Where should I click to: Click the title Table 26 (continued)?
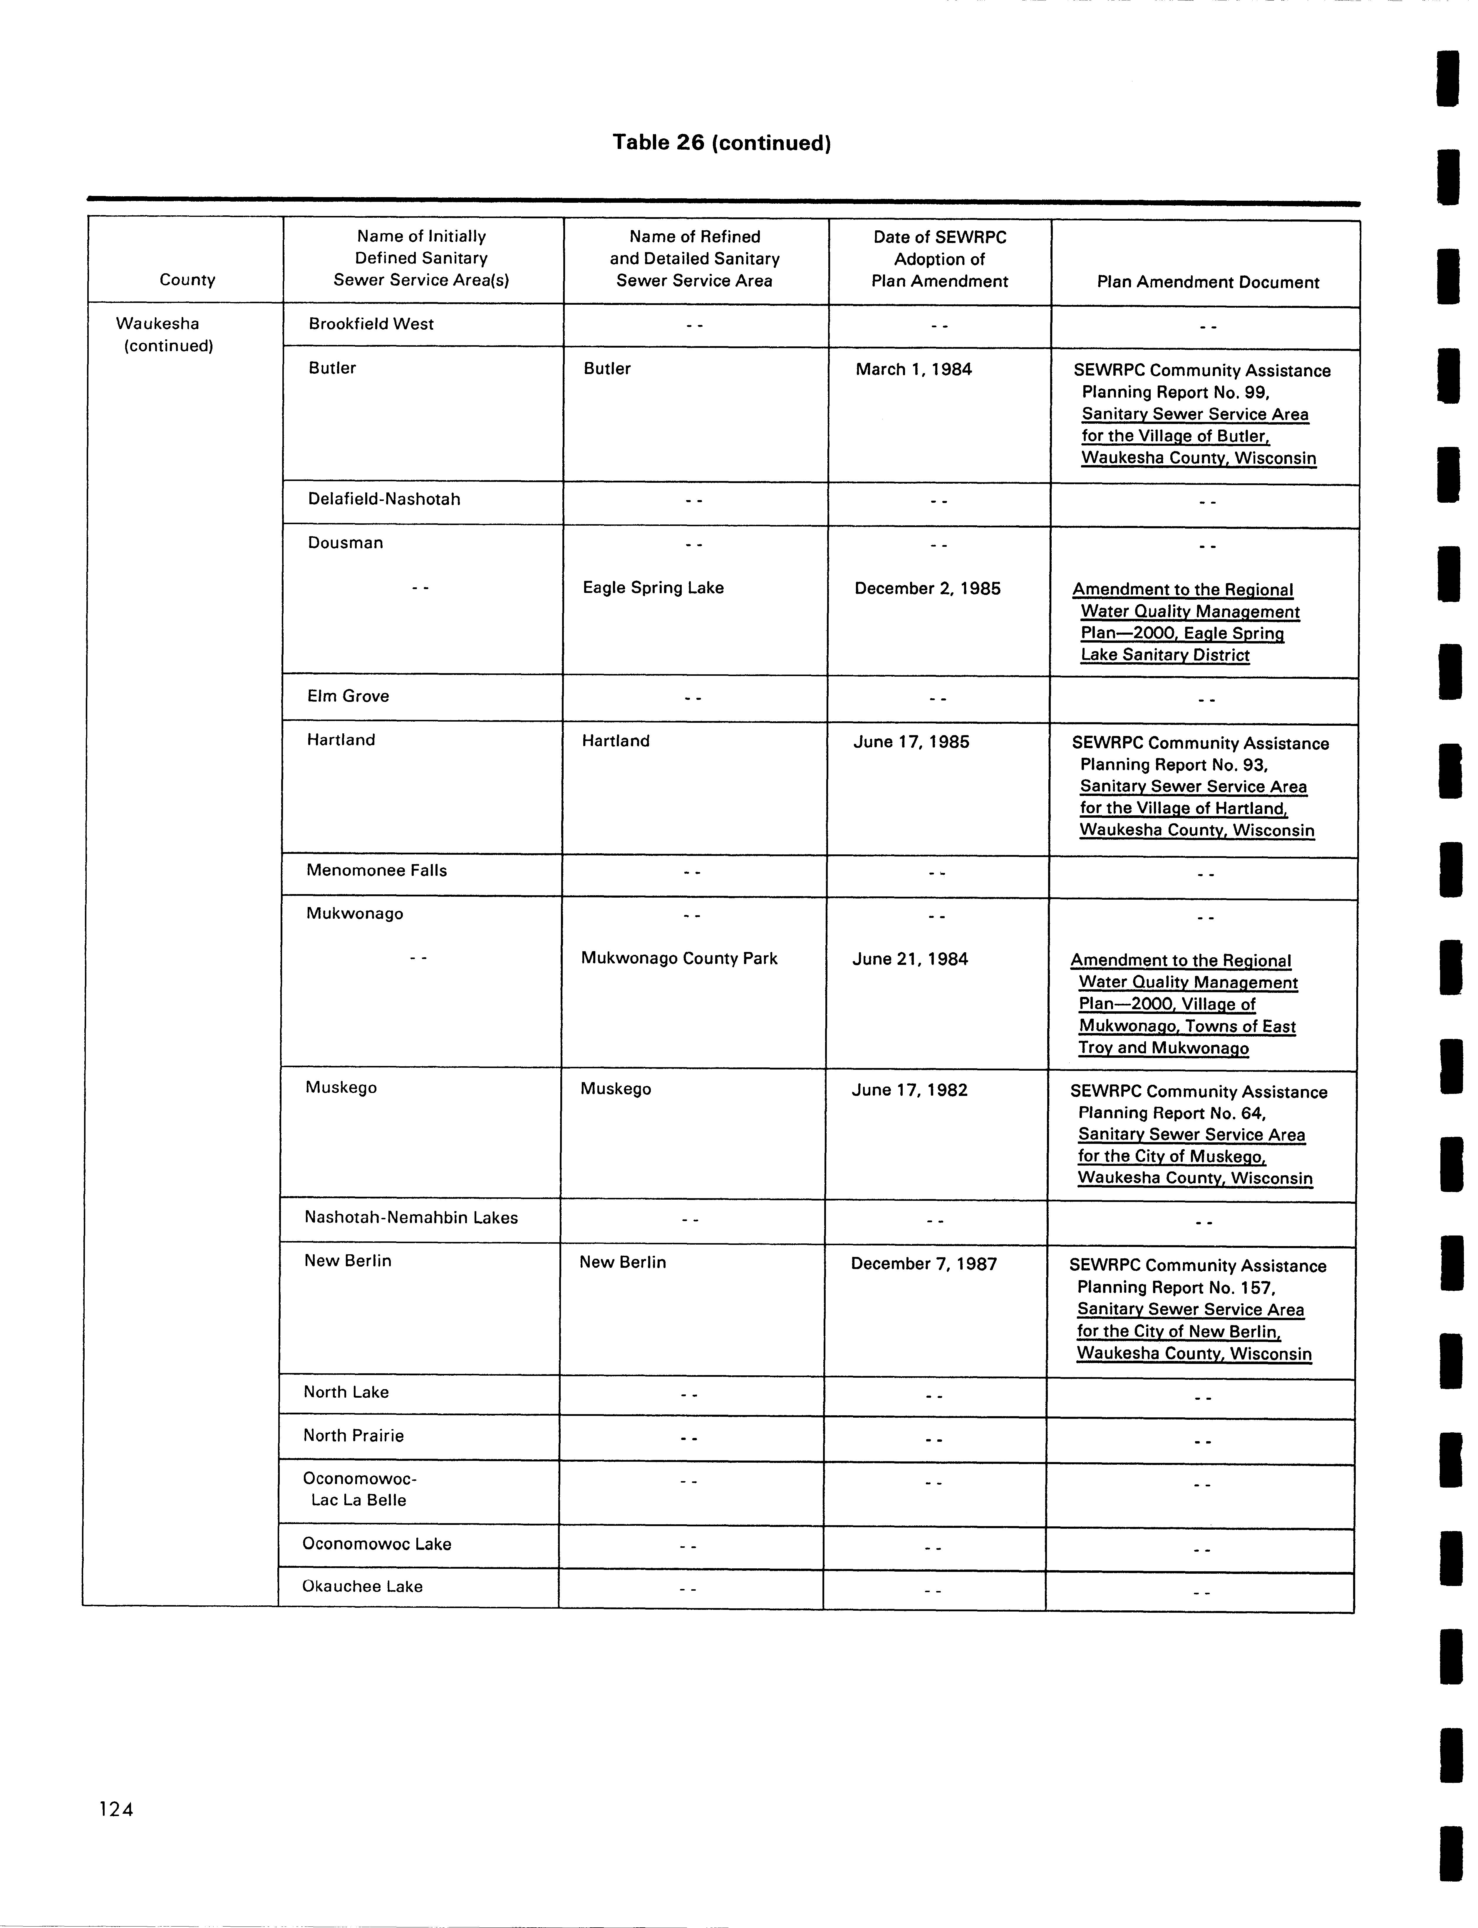coord(721,142)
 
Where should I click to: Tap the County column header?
coord(187,280)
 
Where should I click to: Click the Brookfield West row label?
coord(370,324)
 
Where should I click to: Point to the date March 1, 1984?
coord(913,369)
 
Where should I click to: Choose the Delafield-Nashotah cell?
coord(383,499)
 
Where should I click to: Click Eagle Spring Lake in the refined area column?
coord(653,588)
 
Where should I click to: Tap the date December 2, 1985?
coord(927,589)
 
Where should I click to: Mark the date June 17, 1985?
coord(911,742)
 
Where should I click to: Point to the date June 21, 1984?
coord(910,959)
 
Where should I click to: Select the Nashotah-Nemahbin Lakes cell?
coord(411,1217)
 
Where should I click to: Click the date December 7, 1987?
coord(924,1264)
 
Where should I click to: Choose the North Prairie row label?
coord(353,1436)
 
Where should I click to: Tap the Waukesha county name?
coord(157,324)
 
